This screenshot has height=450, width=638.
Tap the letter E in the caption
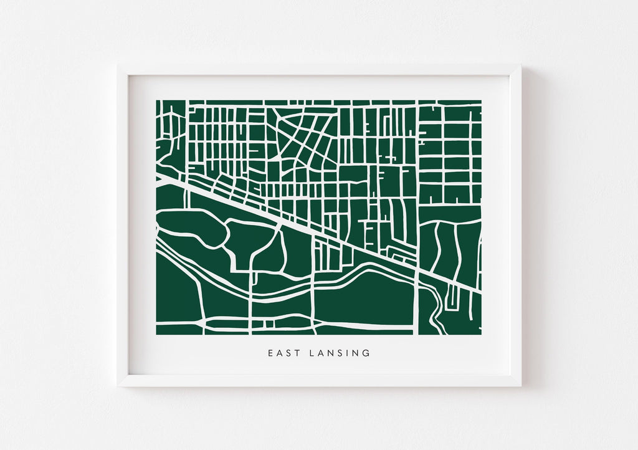(271, 353)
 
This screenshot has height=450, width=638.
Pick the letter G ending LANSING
(366, 353)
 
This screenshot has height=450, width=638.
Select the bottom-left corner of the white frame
(118, 386)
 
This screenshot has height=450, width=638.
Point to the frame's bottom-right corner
(520, 386)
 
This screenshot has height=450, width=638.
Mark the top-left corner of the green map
(156, 100)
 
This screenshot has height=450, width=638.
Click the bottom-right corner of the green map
(481, 335)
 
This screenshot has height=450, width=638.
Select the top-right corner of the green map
(481, 100)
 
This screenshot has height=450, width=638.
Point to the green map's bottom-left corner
(156, 335)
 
